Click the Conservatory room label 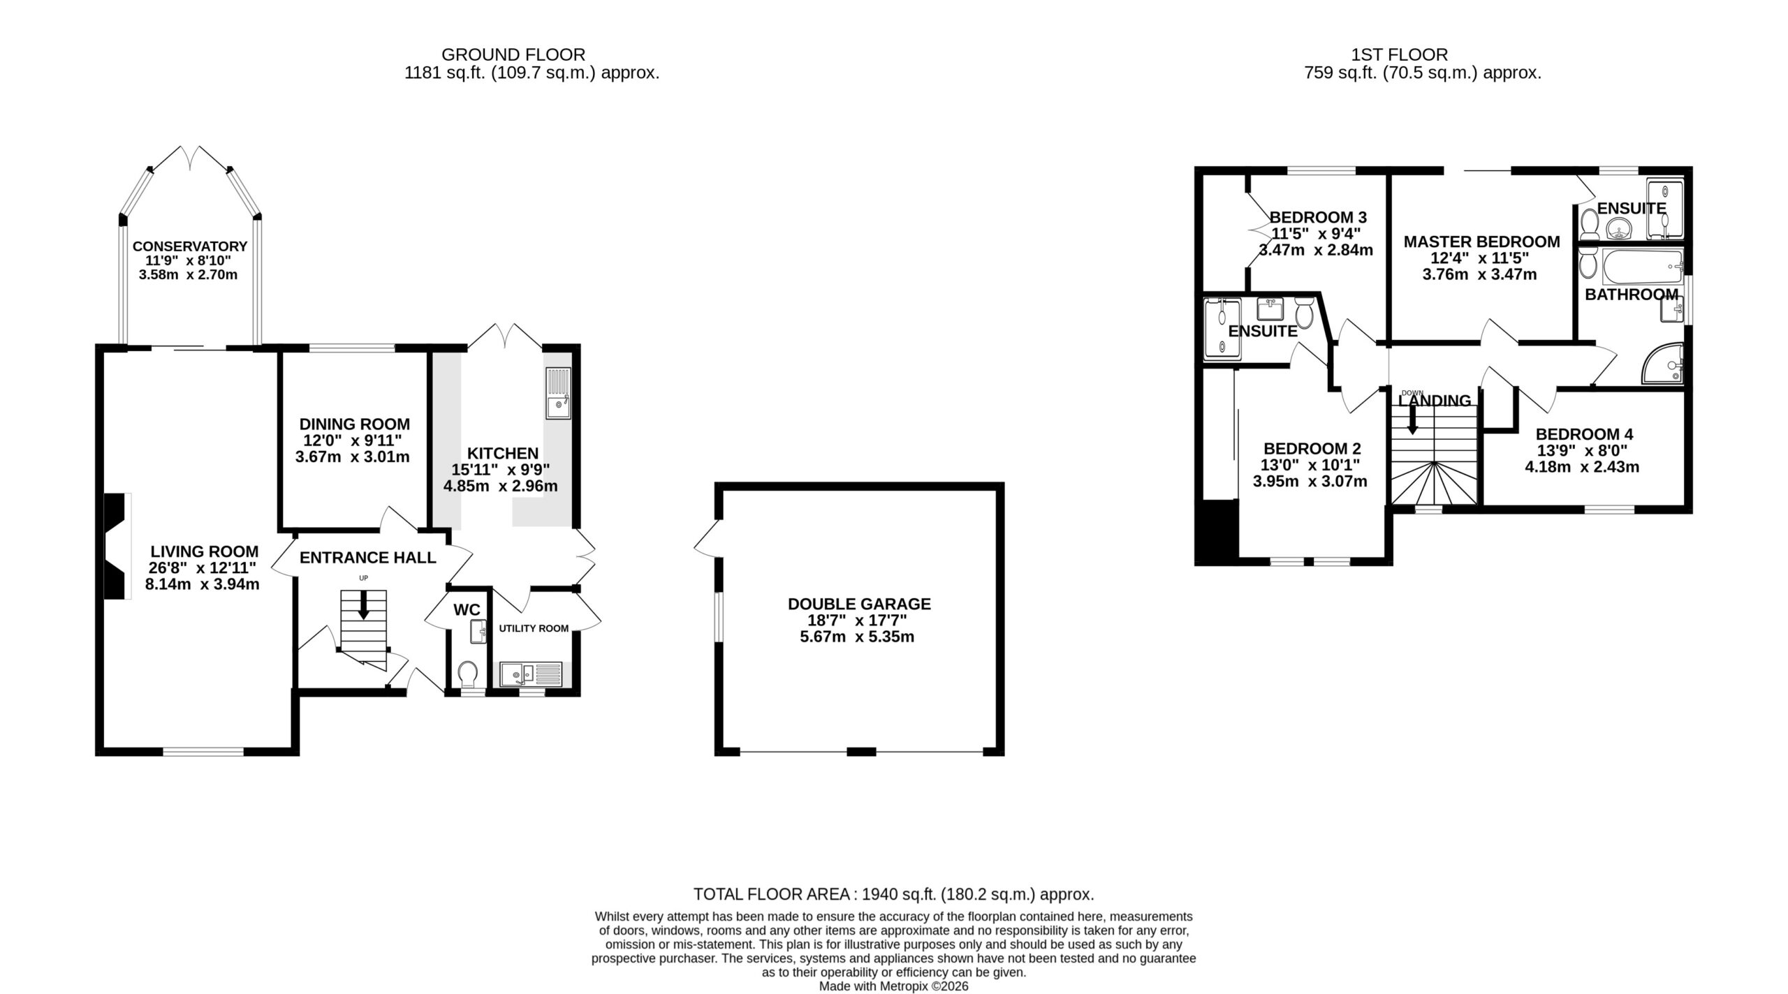point(190,246)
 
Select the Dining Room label point(355,424)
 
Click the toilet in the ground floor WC point(469,675)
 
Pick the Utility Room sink point(531,674)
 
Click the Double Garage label point(859,604)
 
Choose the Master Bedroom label point(1481,242)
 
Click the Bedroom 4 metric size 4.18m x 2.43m point(1582,467)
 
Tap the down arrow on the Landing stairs point(1412,420)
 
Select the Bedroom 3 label point(1318,218)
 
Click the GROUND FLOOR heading point(513,54)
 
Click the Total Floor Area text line point(893,894)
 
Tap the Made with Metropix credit point(893,986)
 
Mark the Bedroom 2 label point(1312,449)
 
